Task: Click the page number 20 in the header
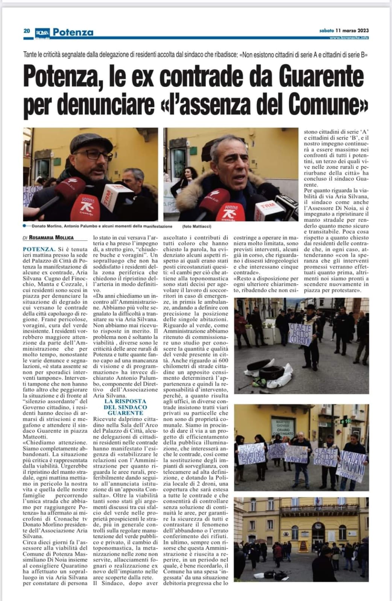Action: point(26,32)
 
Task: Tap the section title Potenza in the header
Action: point(73,32)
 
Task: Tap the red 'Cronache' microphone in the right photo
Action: point(229,211)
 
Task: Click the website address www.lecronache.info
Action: point(349,38)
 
